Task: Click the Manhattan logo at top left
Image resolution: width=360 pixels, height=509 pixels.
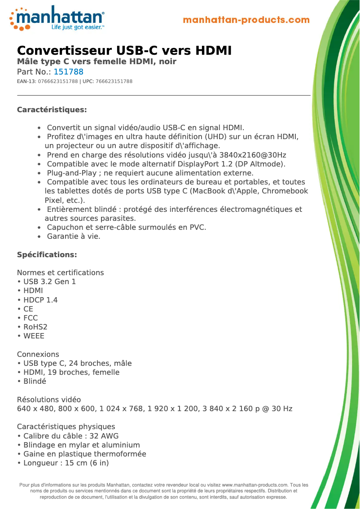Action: tap(57, 18)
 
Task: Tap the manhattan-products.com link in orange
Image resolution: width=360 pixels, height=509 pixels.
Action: tap(246, 20)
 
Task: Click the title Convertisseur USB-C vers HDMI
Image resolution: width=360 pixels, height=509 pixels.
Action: tap(124, 50)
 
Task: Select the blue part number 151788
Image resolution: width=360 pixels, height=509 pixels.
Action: tap(69, 72)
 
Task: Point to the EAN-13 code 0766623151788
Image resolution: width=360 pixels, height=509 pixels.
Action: tap(58, 81)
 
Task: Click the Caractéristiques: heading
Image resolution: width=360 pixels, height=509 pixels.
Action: tap(52, 110)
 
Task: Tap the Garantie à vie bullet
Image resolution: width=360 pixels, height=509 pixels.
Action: tap(74, 236)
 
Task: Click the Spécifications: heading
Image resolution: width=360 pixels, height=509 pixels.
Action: tap(47, 255)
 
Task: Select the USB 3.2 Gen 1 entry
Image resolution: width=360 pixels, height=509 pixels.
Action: tap(49, 282)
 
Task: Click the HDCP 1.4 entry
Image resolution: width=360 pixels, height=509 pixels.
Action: tap(40, 300)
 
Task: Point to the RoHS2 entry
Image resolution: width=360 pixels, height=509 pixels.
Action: tap(35, 327)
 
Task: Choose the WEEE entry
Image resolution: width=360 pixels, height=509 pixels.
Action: tap(34, 336)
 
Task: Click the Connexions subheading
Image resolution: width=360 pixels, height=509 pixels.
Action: tap(38, 354)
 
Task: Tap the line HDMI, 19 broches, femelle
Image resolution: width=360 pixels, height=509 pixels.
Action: tap(71, 372)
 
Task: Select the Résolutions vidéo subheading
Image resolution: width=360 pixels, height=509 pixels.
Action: tap(49, 399)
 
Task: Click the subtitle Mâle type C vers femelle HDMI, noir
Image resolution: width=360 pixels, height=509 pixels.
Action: tap(97, 61)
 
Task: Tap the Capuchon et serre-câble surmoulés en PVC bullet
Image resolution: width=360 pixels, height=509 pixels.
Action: tap(127, 227)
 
